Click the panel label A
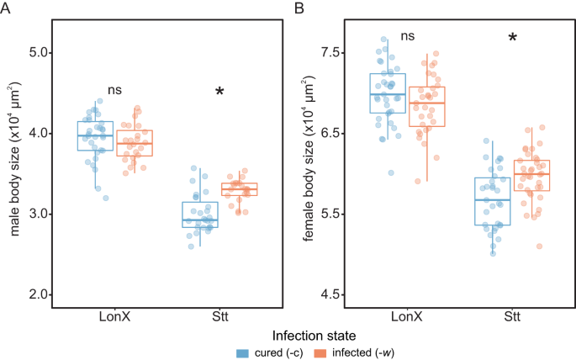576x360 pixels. tap(6, 8)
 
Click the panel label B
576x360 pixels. tap(299, 8)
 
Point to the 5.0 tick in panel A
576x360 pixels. tap(38, 53)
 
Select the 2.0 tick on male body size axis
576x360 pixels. tap(38, 294)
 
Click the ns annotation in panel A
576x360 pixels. tap(114, 89)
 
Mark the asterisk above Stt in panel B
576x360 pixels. tap(512, 38)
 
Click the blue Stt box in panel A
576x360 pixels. tap(200, 214)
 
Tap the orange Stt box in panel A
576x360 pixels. tap(239, 189)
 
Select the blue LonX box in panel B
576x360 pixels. tap(388, 93)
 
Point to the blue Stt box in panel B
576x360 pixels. tap(492, 202)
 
